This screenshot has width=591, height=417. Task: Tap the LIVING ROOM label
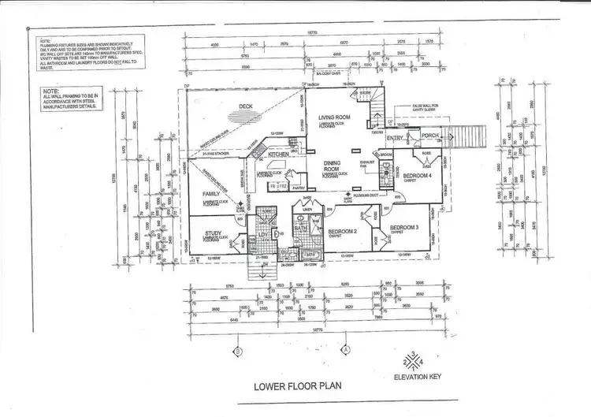[334, 117]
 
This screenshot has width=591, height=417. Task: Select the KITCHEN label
[278, 155]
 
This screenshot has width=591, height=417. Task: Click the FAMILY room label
[211, 193]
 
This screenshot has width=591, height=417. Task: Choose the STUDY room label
[213, 233]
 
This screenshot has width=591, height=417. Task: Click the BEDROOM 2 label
[344, 231]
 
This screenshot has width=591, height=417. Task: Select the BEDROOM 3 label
[405, 229]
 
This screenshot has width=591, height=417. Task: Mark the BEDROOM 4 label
[415, 174]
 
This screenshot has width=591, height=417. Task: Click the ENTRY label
[395, 139]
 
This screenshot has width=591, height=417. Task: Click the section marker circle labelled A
[345, 348]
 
